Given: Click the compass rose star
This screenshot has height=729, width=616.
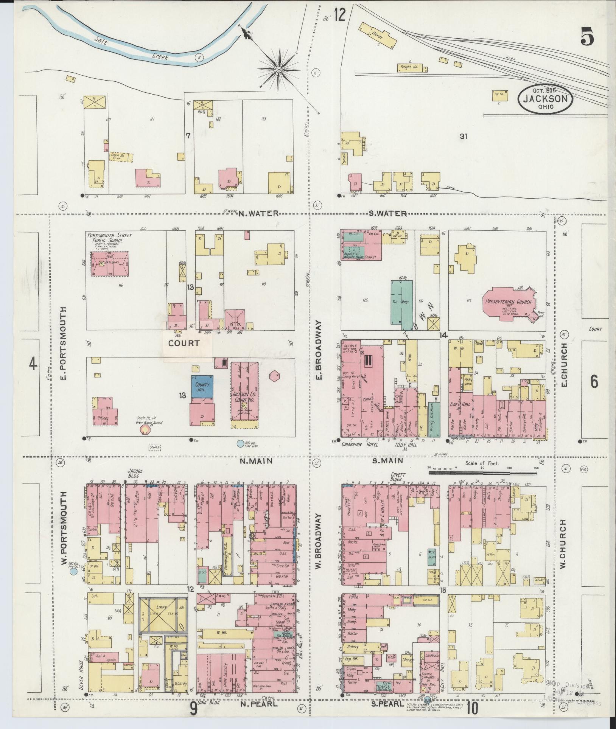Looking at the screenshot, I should coord(279,69).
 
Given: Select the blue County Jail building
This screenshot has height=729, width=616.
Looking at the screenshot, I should coord(202,386).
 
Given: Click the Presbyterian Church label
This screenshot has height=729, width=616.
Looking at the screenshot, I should coord(509,302).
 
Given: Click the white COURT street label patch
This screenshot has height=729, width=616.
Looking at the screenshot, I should coord(184,343).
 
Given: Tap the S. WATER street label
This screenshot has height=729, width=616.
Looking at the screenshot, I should coord(388,214).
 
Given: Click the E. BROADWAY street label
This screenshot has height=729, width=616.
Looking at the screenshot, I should coord(319,351).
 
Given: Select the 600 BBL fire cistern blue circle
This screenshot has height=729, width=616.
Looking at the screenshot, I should coord(240,443).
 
